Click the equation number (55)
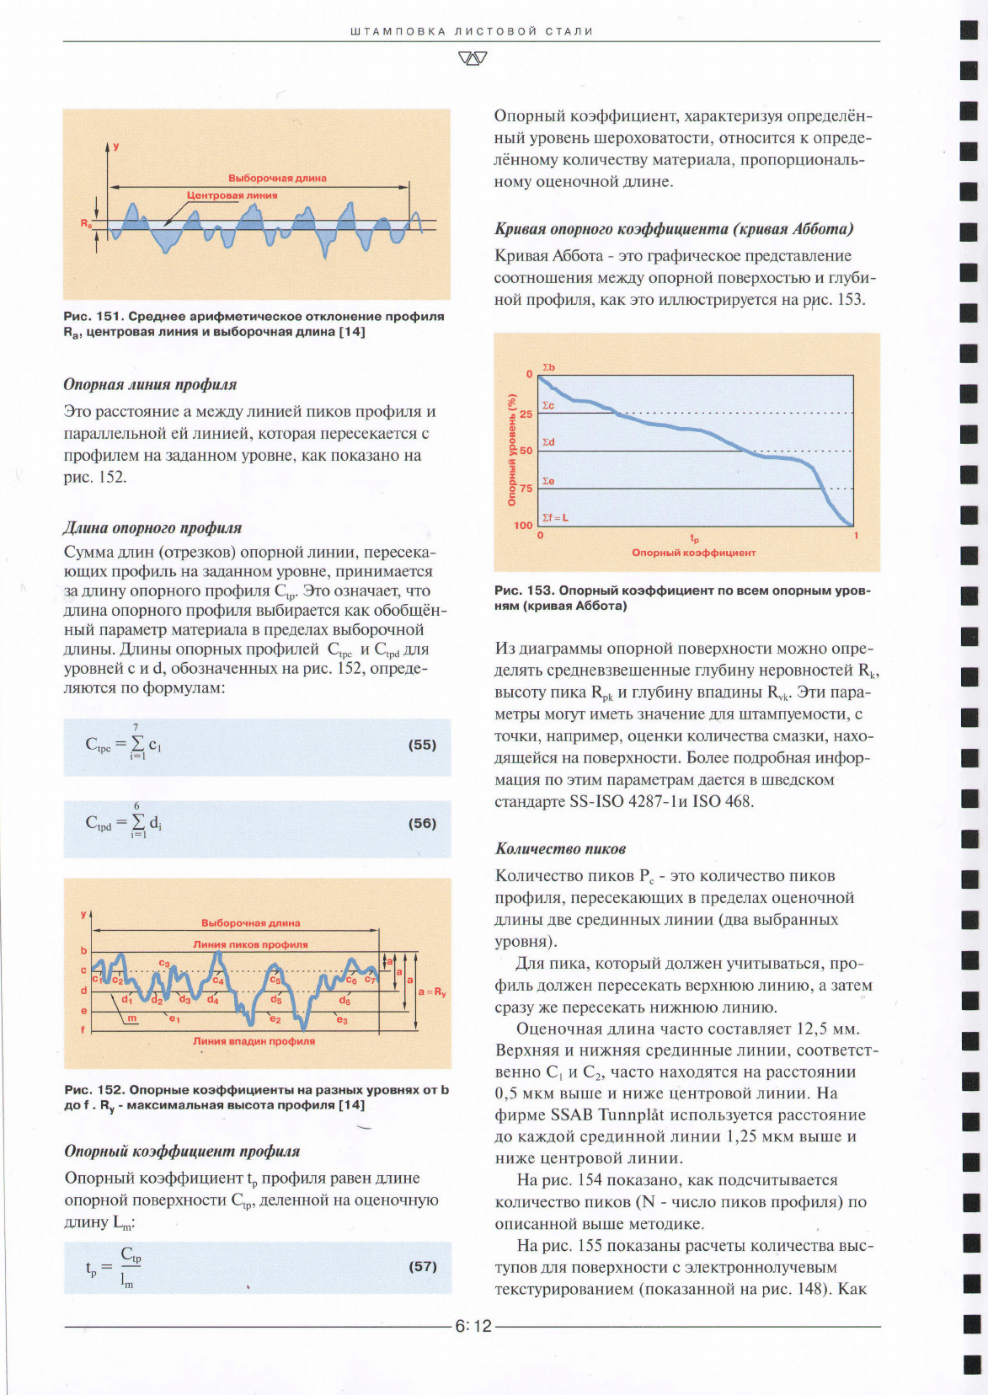pos(422,745)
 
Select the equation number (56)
pos(422,823)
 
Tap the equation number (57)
pos(422,1266)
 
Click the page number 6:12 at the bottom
pos(473,1326)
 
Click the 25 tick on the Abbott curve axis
pos(526,414)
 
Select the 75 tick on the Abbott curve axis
pos(526,488)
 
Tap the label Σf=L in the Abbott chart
pos(554,517)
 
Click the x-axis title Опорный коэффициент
pos(693,553)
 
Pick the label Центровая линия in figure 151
pos(232,195)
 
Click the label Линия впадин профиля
pos(254,1041)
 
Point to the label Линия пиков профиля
pos(250,944)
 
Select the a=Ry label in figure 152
pos(432,992)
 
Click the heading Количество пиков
pos(560,849)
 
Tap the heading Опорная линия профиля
pos(150,385)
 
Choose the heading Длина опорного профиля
pos(152,528)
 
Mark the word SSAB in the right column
pos(571,1114)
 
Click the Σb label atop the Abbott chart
pos(548,367)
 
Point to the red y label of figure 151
pos(116,146)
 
